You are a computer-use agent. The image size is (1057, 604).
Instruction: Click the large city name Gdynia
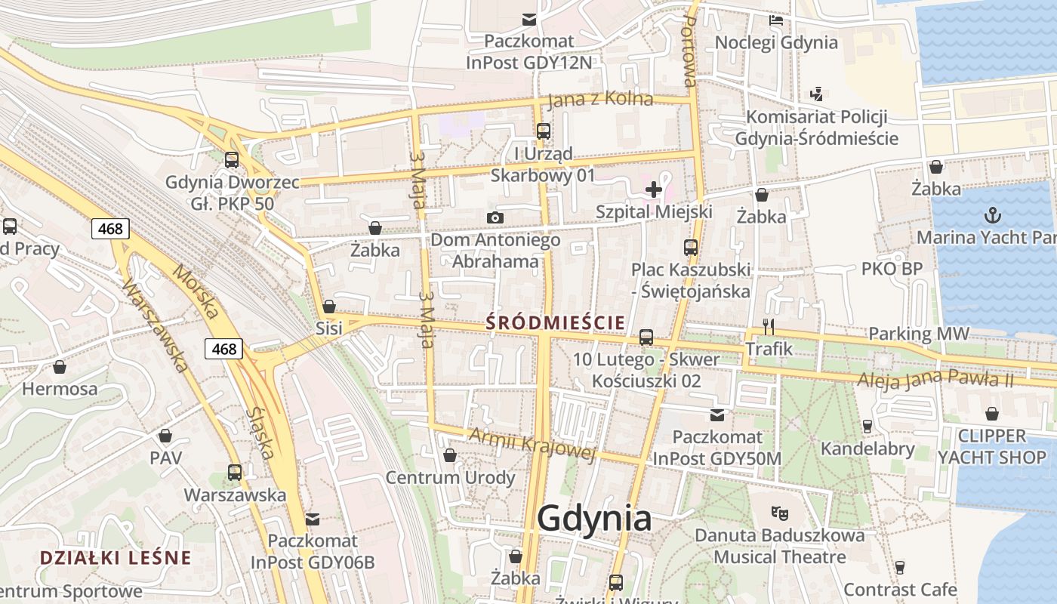(x=594, y=519)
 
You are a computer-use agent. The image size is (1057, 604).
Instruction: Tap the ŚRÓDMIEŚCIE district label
(x=556, y=323)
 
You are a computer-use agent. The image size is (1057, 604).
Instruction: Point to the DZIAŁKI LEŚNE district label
(x=116, y=558)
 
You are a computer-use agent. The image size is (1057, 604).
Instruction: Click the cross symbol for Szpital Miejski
(x=654, y=190)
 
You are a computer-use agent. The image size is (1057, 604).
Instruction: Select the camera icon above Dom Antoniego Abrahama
(x=495, y=218)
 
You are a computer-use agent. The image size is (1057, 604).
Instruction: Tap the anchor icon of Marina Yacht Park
(x=994, y=216)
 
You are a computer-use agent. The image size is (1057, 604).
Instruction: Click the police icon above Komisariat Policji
(x=815, y=94)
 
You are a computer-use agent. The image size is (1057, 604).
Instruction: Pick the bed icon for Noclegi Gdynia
(x=776, y=20)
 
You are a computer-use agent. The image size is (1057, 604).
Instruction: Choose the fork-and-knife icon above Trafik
(x=769, y=326)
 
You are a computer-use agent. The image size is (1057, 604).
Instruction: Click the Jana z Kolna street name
(x=600, y=100)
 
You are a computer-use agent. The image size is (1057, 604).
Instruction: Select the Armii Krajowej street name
(x=532, y=443)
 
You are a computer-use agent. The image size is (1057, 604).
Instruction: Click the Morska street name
(x=195, y=291)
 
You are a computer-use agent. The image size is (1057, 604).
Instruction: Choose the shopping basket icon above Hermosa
(x=60, y=368)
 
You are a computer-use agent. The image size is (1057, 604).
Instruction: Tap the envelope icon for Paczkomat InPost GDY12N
(x=529, y=20)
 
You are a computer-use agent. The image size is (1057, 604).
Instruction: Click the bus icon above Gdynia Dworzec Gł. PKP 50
(x=232, y=160)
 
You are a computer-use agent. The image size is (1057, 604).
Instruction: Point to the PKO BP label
(x=892, y=269)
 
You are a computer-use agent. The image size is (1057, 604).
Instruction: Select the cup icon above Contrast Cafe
(x=899, y=567)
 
